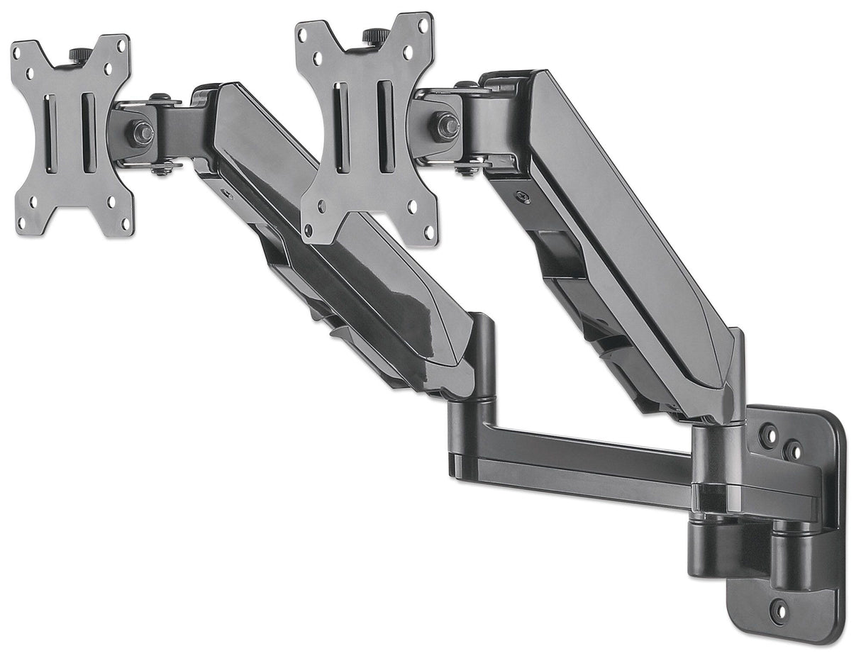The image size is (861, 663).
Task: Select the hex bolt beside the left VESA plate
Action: (x=140, y=132)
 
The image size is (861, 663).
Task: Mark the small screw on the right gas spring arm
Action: (x=523, y=198)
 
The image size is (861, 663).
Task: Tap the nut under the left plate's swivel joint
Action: (x=161, y=169)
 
